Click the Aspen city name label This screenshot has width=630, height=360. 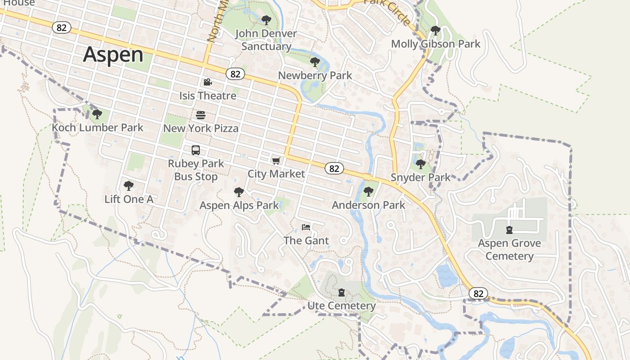click(x=113, y=54)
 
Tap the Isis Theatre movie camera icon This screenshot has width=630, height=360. click(x=207, y=82)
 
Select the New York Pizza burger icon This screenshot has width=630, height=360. click(x=201, y=115)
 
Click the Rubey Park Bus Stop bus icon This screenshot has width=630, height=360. click(x=196, y=150)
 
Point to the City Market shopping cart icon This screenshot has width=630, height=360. click(x=276, y=161)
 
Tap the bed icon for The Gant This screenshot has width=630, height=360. click(x=306, y=227)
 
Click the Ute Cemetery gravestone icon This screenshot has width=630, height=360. click(x=342, y=292)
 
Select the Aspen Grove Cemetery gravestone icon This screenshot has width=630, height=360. click(x=509, y=230)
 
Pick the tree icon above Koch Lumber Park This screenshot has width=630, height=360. click(x=97, y=114)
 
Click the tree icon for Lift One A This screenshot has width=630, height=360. click(x=129, y=186)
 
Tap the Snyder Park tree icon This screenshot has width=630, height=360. click(x=421, y=164)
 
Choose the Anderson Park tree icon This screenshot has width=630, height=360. click(x=369, y=192)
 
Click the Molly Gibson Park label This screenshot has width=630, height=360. click(x=436, y=44)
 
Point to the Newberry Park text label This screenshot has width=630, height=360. click(x=315, y=75)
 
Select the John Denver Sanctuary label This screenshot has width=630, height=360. click(x=266, y=40)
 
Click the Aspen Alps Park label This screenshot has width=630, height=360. click(x=239, y=205)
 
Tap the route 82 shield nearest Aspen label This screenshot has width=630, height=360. click(x=62, y=27)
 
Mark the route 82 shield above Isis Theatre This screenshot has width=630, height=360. click(x=235, y=74)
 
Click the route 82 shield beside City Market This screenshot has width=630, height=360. click(x=334, y=168)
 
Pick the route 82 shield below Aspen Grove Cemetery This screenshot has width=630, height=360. click(x=478, y=294)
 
